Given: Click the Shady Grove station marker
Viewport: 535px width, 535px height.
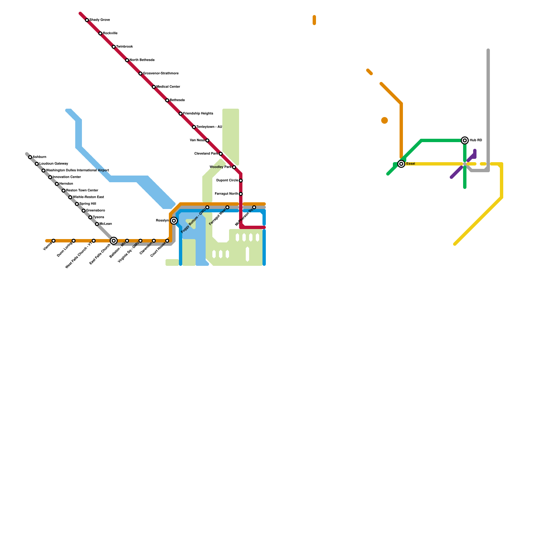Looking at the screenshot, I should [87, 20].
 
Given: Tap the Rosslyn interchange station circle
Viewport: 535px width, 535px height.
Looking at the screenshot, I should [174, 221].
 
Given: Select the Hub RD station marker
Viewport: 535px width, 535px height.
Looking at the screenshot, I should [465, 140].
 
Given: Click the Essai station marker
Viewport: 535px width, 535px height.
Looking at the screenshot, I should [401, 164].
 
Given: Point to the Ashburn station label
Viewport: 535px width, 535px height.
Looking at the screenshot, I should [39, 157].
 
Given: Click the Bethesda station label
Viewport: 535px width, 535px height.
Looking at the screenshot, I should [177, 100].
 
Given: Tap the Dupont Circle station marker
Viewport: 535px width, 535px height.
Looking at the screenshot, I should [241, 181].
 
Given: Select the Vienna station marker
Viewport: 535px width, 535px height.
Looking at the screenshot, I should [53, 241].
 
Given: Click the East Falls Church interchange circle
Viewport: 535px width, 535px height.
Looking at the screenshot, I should [114, 241].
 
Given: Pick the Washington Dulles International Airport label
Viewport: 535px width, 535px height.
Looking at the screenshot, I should [77, 171].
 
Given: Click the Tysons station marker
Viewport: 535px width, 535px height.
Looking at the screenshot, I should [90, 217].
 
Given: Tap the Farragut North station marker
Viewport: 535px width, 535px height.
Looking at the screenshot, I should [241, 194].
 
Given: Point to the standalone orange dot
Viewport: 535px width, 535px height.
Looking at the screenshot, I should [385, 120].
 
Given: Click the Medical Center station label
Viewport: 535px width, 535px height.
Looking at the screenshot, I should [168, 87].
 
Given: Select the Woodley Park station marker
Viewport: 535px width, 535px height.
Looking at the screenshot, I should [234, 167].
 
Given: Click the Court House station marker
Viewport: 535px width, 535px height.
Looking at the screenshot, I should [167, 241].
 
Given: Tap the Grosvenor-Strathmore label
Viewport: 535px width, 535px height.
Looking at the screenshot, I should [160, 74].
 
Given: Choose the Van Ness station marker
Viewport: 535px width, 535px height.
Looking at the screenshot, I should [207, 140].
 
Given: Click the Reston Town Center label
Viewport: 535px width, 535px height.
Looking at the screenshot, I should [82, 191].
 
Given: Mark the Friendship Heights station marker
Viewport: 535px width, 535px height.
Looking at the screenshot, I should [181, 114].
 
